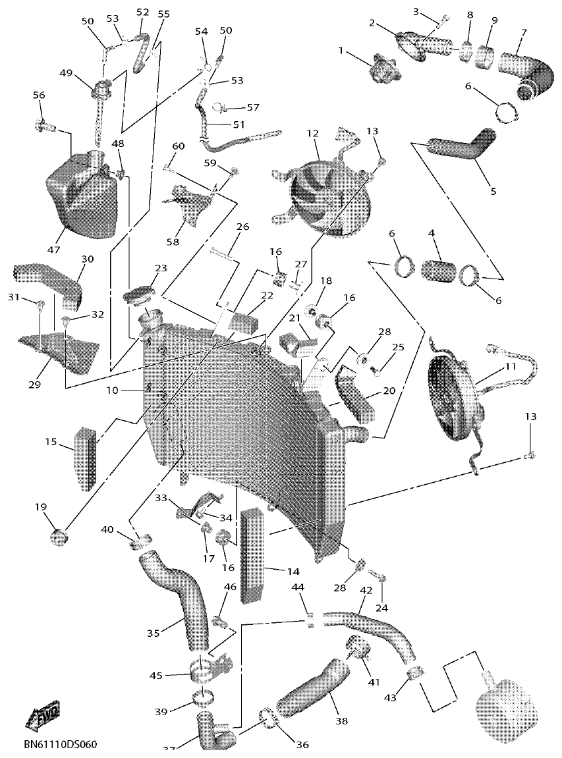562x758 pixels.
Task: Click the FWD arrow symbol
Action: click(42, 716)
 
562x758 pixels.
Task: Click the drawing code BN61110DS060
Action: click(60, 745)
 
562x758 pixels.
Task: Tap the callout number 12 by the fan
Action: click(312, 134)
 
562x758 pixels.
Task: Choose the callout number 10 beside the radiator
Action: click(111, 391)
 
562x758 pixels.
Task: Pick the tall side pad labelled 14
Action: click(254, 556)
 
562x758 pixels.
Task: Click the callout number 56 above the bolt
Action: click(39, 95)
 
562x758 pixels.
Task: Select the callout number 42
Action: click(366, 591)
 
